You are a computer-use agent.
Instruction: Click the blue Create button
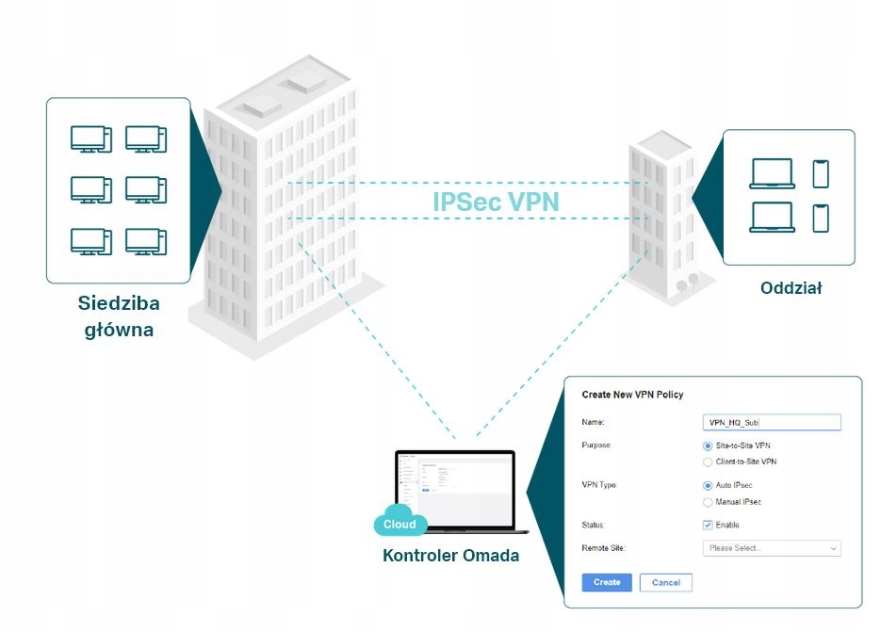coord(607,582)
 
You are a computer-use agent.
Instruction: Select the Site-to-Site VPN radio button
coord(709,446)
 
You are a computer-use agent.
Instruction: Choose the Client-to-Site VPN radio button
coord(709,462)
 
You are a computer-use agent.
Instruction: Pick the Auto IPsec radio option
coord(709,485)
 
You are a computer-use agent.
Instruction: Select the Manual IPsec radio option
coord(709,502)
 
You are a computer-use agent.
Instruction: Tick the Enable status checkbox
coord(709,525)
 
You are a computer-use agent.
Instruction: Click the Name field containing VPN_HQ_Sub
coord(772,423)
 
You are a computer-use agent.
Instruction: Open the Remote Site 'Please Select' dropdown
coord(772,548)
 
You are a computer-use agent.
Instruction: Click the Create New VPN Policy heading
coord(632,395)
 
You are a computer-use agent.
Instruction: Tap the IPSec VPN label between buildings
coord(496,202)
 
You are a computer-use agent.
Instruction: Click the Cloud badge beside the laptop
coord(400,525)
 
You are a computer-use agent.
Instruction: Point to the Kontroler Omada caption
coord(450,556)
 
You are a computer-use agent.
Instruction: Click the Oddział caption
coord(791,289)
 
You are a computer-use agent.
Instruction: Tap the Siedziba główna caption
coord(119,317)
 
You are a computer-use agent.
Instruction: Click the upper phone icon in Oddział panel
coord(821,173)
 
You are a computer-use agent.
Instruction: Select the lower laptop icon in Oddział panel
coord(773,218)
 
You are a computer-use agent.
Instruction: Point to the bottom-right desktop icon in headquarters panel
coord(146,241)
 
